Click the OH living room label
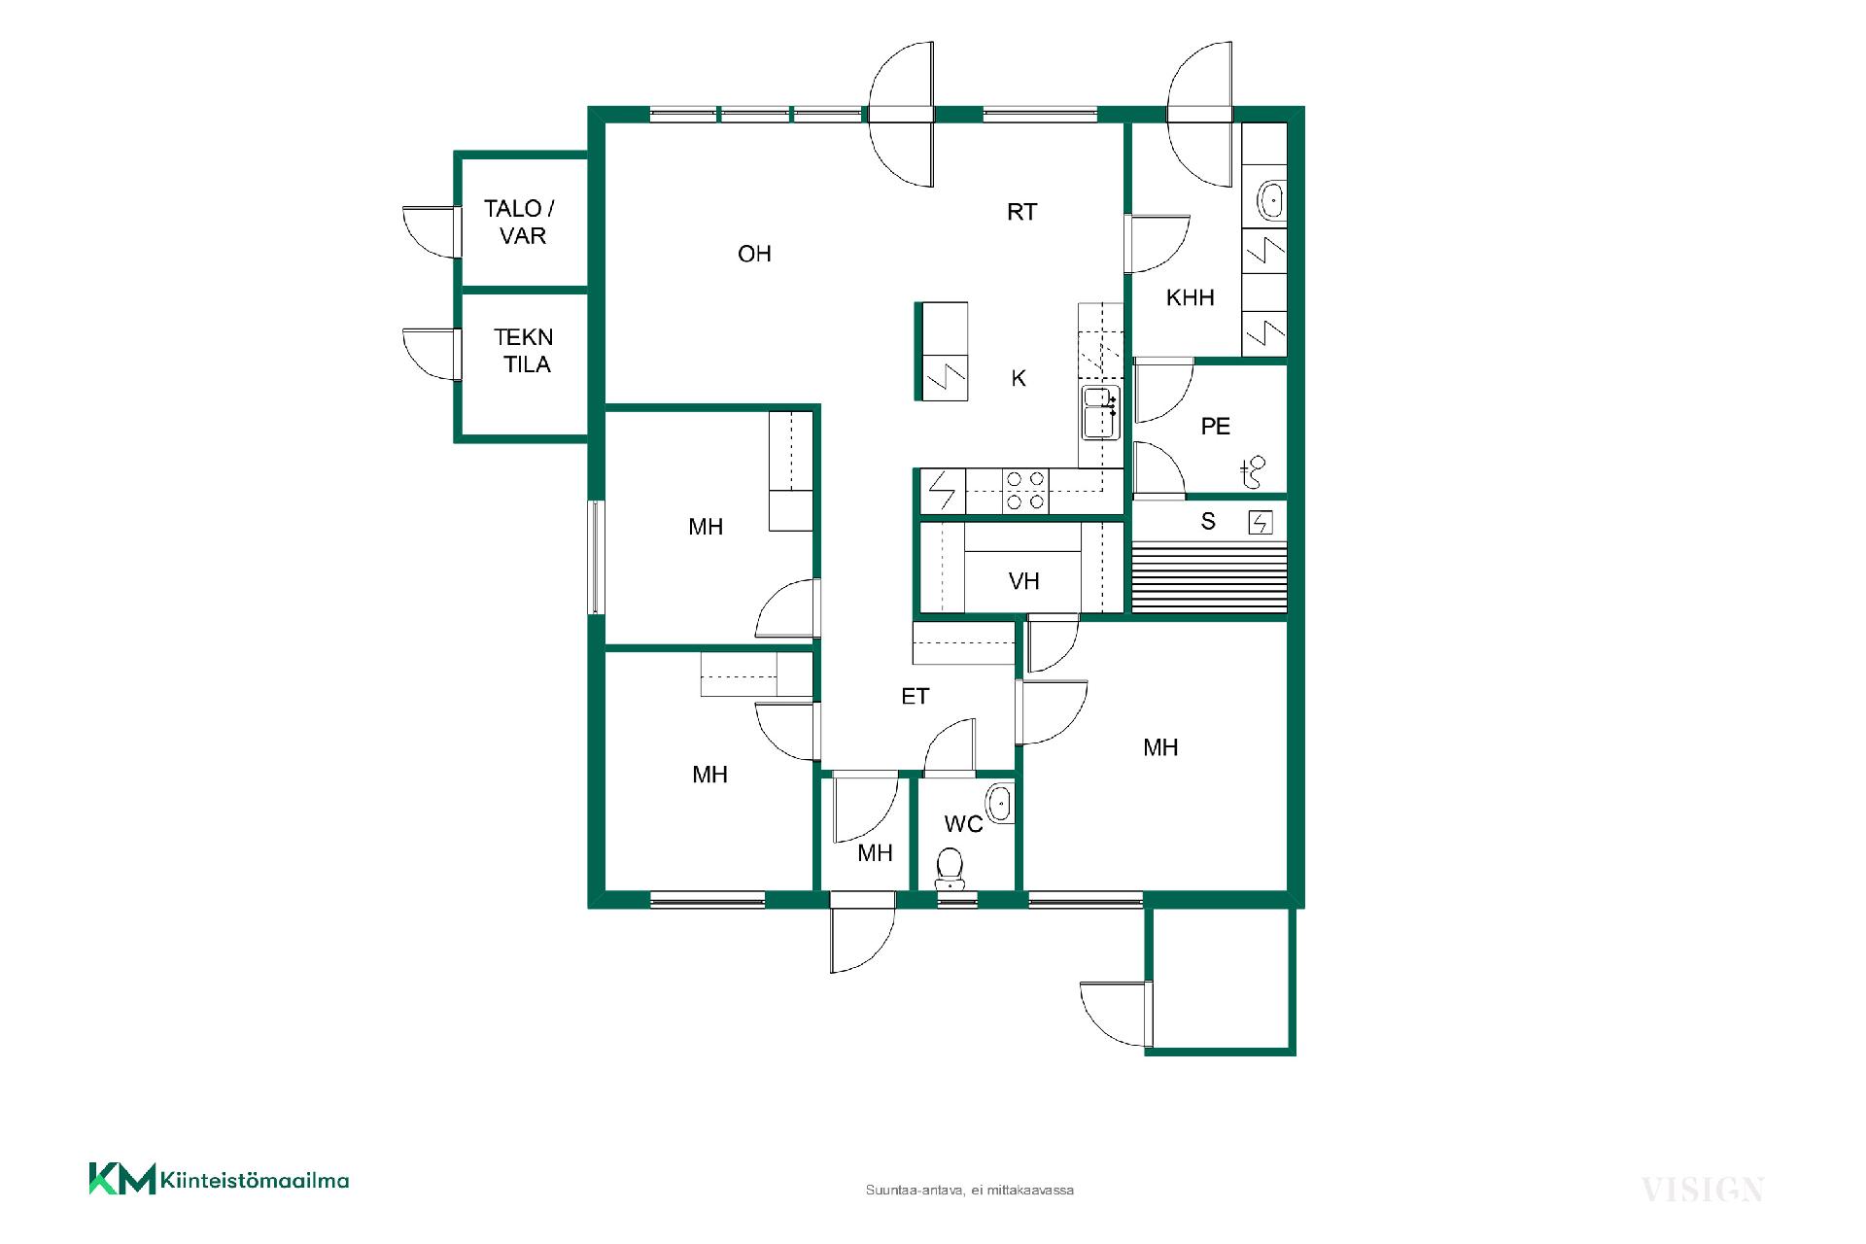click(754, 254)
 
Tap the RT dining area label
click(1021, 212)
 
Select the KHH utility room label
click(1190, 297)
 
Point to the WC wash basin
click(998, 804)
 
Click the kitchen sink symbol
click(1100, 413)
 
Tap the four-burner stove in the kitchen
click(1025, 491)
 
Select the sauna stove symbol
click(1261, 523)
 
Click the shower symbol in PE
click(1253, 472)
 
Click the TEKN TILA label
click(524, 351)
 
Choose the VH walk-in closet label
click(1023, 581)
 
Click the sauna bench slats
click(1210, 577)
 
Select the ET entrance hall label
click(915, 696)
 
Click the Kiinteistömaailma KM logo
click(219, 1180)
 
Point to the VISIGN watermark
click(1702, 1189)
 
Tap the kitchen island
click(942, 351)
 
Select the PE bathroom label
click(1215, 426)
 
